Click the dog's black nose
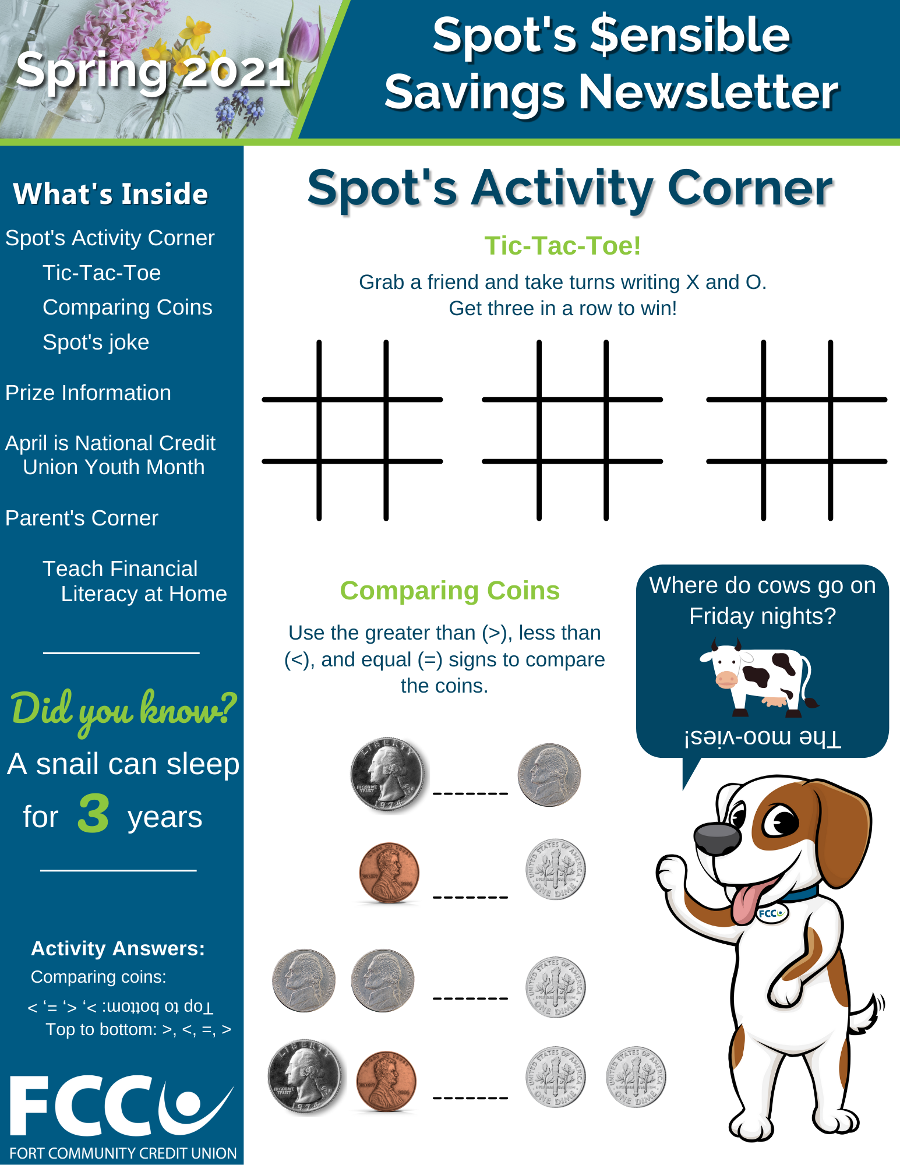click(x=718, y=838)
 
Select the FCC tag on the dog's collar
click(x=771, y=913)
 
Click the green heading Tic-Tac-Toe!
click(x=562, y=246)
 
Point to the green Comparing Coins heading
click(x=450, y=591)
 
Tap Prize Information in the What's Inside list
click(x=88, y=393)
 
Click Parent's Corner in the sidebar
click(x=82, y=518)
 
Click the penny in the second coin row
click(x=389, y=873)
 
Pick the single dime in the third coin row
click(x=555, y=987)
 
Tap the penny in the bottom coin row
click(x=386, y=1081)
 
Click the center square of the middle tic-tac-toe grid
click(x=573, y=430)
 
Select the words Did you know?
click(x=123, y=710)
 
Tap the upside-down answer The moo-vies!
click(x=763, y=737)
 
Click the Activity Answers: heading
click(x=118, y=948)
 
